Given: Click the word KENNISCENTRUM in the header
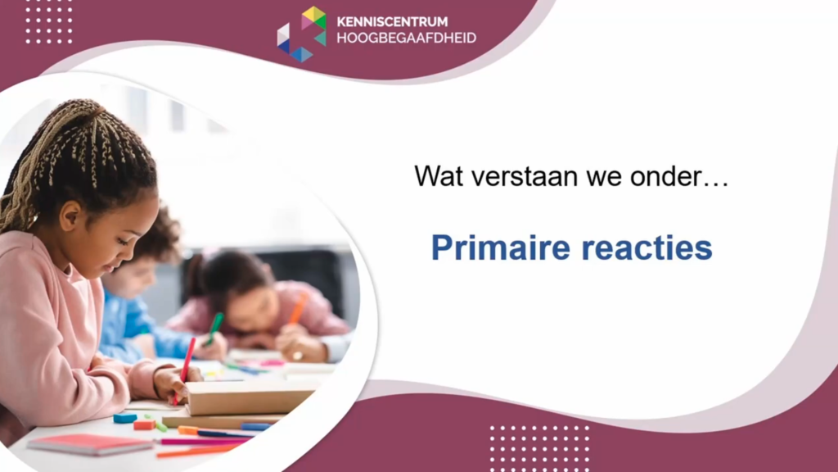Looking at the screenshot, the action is coord(392,22).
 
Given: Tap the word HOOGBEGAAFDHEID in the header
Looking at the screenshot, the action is coord(406,38).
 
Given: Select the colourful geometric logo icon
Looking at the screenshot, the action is coord(301,34).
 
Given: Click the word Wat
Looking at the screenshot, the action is coord(439,176).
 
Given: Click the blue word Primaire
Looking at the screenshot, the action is coord(501,247).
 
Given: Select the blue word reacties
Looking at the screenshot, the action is coord(647,247).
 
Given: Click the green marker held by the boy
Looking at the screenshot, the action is coord(215,328).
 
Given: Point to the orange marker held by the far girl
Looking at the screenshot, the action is coord(298,309).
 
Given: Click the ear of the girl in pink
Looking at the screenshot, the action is coord(70,216).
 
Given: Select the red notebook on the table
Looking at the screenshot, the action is coord(90,444).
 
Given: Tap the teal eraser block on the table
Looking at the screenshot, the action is coord(124,417).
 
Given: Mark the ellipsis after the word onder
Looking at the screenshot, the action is coord(716,184).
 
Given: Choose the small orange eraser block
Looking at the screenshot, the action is coord(144,425).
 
